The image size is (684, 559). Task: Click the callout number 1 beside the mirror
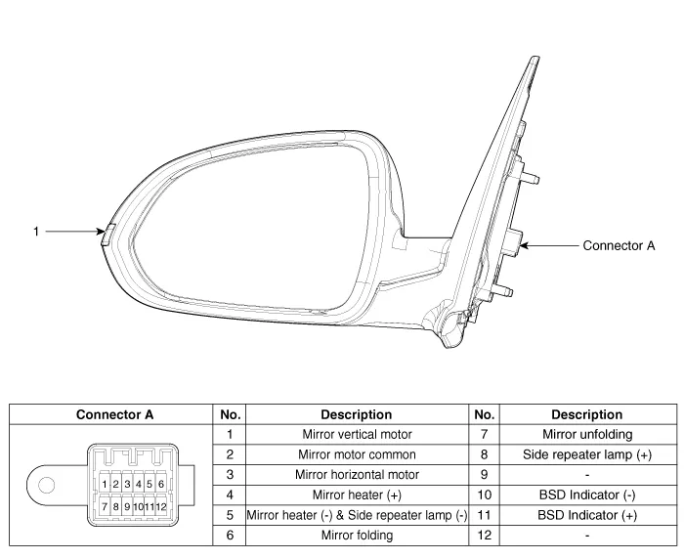click(35, 232)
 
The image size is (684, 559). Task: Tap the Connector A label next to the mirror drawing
click(619, 245)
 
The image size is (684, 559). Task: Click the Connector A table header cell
click(114, 414)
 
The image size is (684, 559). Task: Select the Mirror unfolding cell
click(586, 434)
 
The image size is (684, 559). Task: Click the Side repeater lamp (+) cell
click(586, 454)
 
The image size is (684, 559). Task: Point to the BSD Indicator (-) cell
click(586, 494)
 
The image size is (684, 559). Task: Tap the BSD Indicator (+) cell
click(586, 515)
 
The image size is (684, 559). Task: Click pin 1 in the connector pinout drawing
click(105, 484)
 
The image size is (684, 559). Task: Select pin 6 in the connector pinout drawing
click(160, 484)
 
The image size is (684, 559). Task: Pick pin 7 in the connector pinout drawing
click(105, 507)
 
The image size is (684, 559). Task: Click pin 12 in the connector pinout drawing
click(160, 507)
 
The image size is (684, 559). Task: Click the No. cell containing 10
click(485, 494)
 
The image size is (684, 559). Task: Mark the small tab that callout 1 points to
click(107, 232)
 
